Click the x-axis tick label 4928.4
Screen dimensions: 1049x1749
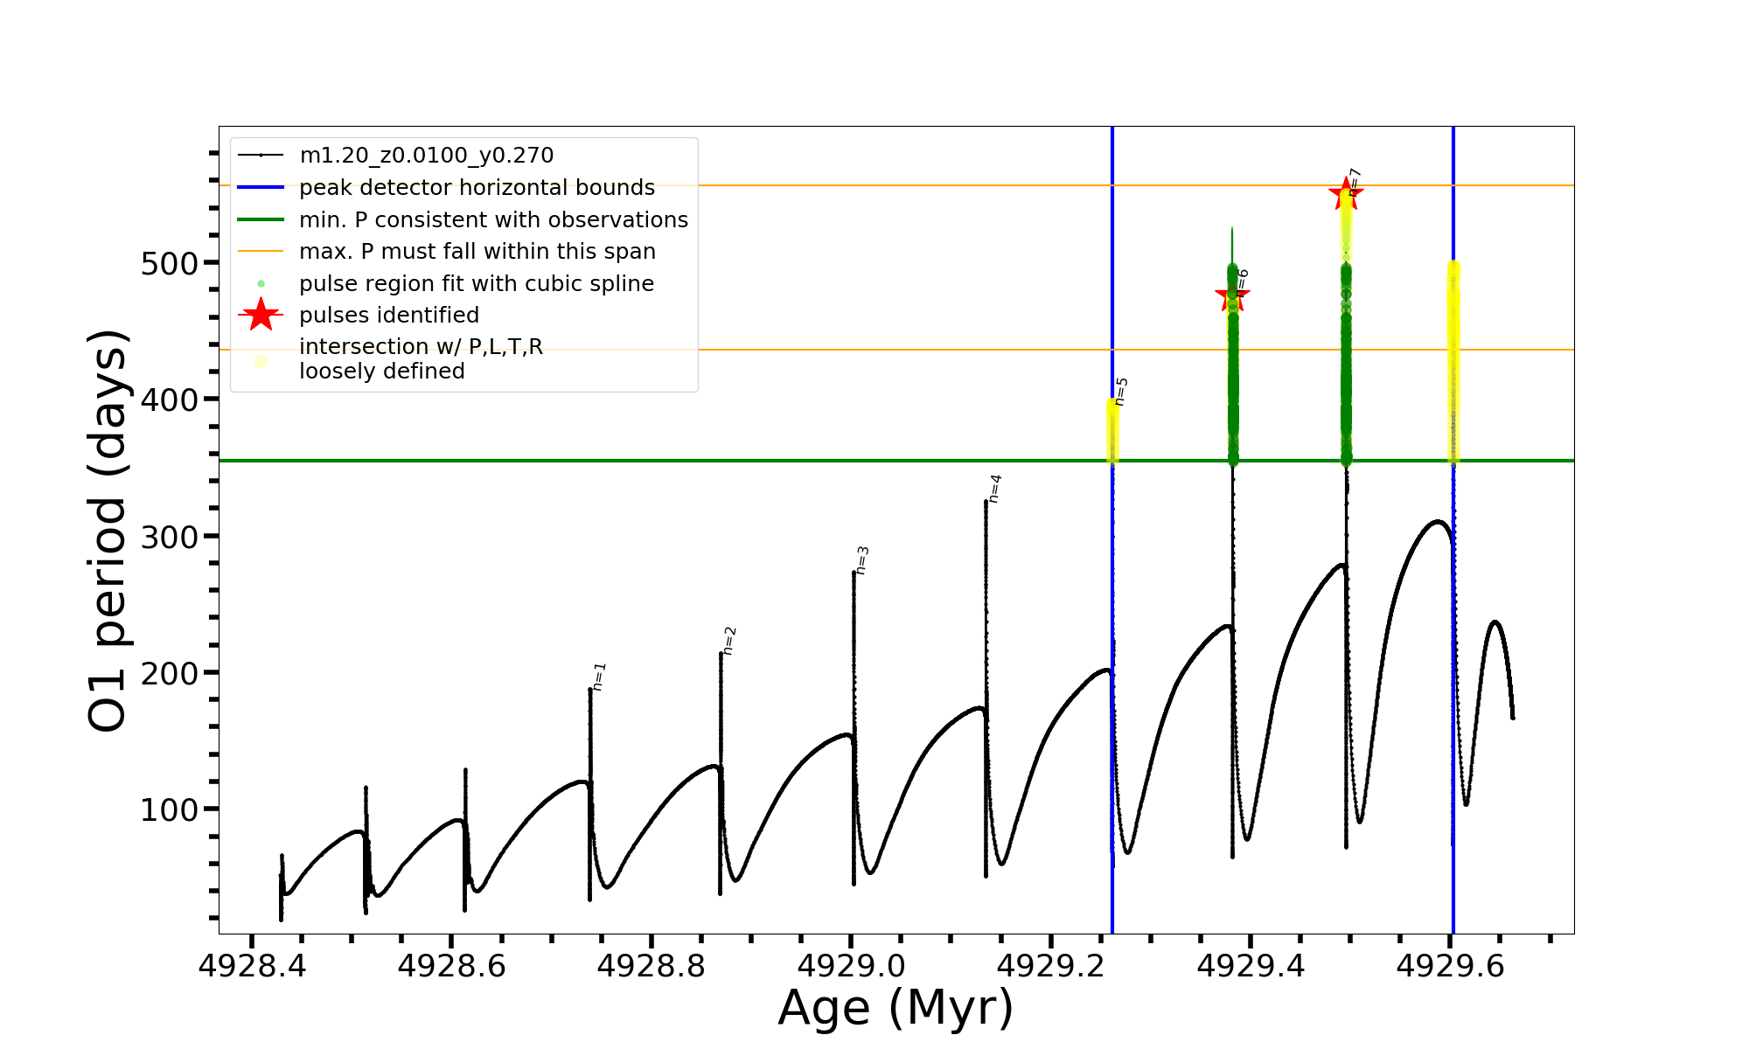click(x=252, y=966)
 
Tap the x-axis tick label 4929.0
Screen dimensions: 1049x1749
click(x=852, y=966)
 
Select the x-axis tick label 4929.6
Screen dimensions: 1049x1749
click(x=1451, y=966)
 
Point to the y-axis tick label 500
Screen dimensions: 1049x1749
click(x=170, y=263)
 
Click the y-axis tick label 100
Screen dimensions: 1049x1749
click(x=170, y=809)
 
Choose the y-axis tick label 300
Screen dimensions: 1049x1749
click(x=170, y=537)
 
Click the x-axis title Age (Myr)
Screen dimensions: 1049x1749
click(x=895, y=1008)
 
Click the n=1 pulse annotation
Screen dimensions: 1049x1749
click(x=600, y=677)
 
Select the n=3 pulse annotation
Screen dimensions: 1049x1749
click(x=862, y=560)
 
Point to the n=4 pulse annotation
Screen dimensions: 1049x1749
click(x=995, y=489)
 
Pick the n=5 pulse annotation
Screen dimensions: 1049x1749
click(x=1122, y=392)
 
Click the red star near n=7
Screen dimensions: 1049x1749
click(x=1345, y=194)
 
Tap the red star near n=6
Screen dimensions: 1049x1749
click(x=1231, y=295)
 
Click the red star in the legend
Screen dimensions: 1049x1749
click(x=261, y=315)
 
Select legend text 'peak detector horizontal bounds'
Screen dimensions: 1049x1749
click(x=477, y=188)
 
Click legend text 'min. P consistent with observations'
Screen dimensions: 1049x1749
click(x=493, y=220)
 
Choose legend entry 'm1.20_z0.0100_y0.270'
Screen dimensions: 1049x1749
click(x=426, y=156)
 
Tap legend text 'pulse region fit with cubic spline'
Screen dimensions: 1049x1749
click(x=477, y=284)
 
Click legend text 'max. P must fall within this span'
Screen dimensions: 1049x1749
click(x=477, y=252)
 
